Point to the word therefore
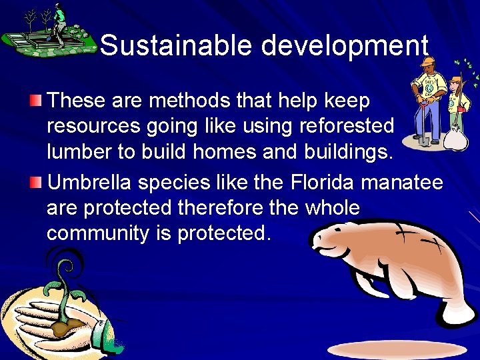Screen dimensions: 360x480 [x=226, y=208]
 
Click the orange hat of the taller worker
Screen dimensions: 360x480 [x=429, y=61]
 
